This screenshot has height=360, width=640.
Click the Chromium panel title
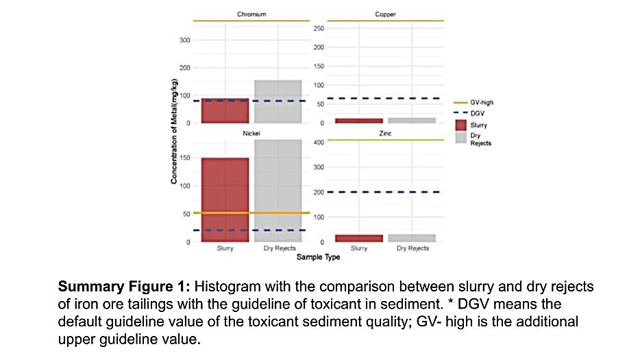(x=251, y=14)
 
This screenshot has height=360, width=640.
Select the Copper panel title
(x=385, y=14)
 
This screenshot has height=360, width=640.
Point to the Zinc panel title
(x=385, y=133)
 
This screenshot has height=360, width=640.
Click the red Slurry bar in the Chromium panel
(x=225, y=110)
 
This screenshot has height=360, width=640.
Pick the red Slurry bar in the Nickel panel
(x=225, y=199)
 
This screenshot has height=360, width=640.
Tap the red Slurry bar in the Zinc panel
(x=359, y=238)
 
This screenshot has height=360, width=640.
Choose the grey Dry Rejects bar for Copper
(x=412, y=120)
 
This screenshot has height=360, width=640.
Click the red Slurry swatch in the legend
(x=461, y=125)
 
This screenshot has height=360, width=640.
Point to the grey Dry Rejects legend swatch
(x=461, y=139)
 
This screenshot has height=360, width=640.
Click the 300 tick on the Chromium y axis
(x=185, y=40)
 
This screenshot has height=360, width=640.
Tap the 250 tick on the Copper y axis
(x=318, y=29)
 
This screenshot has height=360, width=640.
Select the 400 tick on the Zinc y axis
(x=318, y=143)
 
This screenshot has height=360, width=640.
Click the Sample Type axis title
(x=318, y=257)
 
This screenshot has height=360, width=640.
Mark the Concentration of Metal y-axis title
(x=175, y=131)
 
